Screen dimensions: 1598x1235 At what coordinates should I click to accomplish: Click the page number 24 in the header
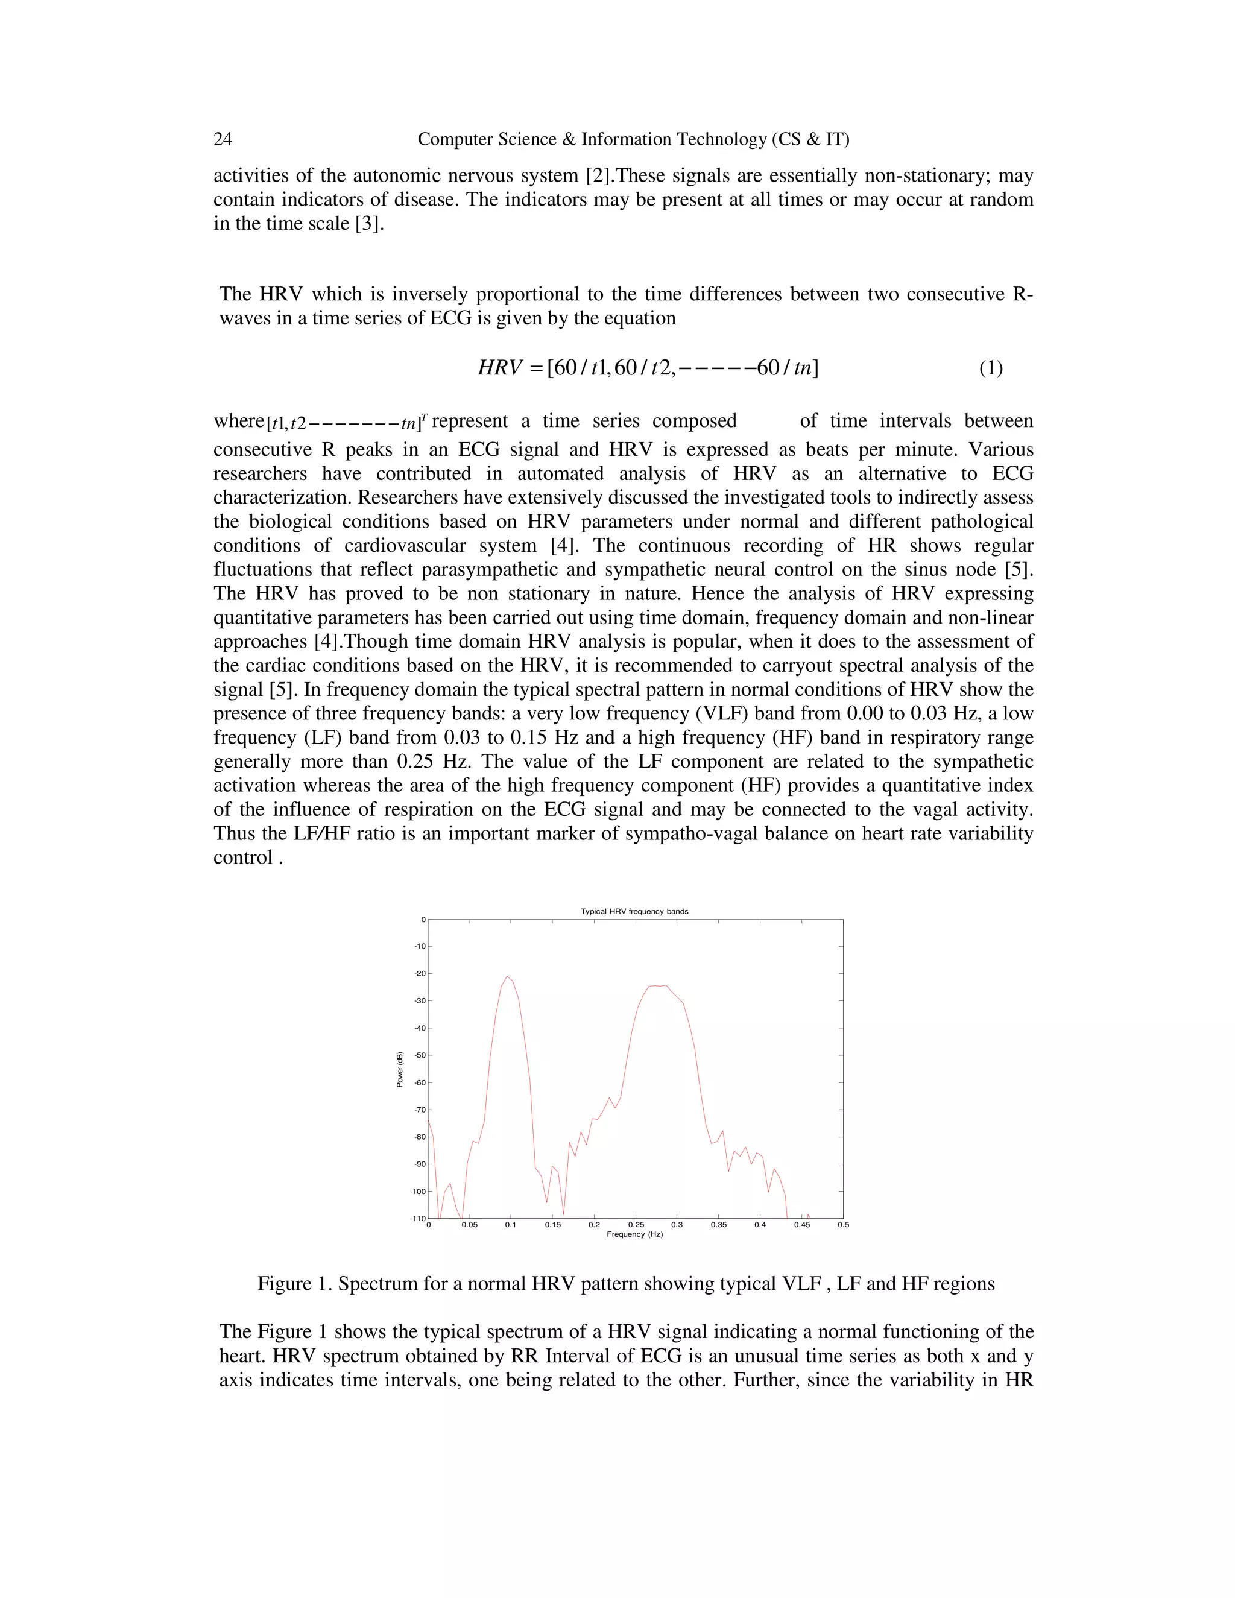coord(223,139)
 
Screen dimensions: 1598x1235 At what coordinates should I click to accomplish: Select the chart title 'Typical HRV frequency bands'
coord(634,912)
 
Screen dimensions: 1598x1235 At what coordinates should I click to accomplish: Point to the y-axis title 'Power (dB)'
coord(399,1070)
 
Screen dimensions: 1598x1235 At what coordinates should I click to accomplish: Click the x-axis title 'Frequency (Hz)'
coord(634,1234)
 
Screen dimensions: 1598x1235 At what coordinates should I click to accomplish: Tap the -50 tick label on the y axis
coord(419,1055)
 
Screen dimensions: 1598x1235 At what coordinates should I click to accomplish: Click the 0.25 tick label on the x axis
coord(636,1225)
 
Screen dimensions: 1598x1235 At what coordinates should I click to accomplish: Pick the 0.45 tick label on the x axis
coord(802,1225)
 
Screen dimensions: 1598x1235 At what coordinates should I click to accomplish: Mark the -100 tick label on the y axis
coord(418,1191)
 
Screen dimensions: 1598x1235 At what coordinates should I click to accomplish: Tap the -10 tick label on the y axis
coord(419,946)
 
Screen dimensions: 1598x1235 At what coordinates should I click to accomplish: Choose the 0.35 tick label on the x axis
coord(718,1225)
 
